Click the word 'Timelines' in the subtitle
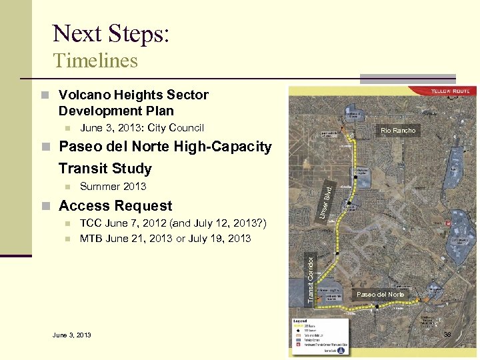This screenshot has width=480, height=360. point(95,61)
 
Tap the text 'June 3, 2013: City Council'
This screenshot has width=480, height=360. point(141,128)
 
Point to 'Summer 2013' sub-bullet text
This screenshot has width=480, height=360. point(113,187)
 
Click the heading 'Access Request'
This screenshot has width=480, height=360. point(115,206)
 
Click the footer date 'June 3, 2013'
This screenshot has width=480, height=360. point(72,335)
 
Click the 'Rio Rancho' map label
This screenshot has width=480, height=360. point(398,131)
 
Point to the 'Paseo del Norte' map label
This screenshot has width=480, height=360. point(380,295)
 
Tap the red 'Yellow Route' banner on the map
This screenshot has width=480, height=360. point(450,91)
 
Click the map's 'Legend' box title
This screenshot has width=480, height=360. point(299,321)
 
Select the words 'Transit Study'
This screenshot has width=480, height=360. point(105,168)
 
